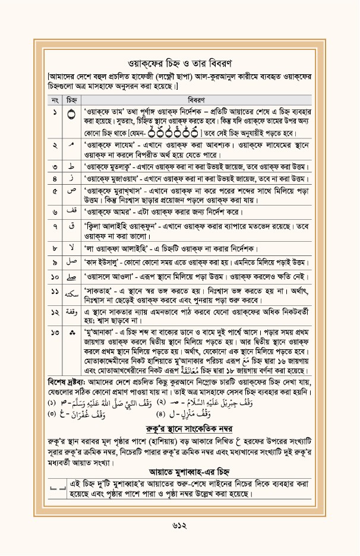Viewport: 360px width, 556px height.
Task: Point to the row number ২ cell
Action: tap(54, 144)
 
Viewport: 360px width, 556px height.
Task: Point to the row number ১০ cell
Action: tap(54, 277)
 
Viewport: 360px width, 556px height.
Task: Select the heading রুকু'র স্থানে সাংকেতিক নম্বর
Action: tap(180, 428)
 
